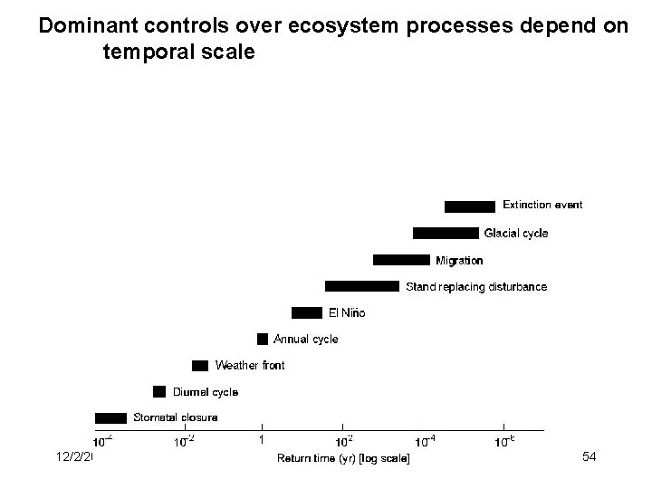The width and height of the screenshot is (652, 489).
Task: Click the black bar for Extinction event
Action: click(x=469, y=206)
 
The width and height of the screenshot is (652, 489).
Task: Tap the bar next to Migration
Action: click(x=401, y=260)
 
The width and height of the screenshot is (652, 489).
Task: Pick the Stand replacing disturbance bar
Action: click(x=361, y=286)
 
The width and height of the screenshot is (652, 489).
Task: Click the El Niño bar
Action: click(x=306, y=312)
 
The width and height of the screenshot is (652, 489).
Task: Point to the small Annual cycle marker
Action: click(x=263, y=339)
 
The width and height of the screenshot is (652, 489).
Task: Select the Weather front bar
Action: click(x=200, y=365)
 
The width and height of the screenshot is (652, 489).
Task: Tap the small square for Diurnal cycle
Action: click(x=159, y=391)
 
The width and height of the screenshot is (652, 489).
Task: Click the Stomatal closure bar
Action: click(x=110, y=417)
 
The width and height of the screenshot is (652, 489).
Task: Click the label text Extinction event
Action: click(x=542, y=206)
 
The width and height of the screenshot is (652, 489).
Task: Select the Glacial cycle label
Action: click(x=515, y=234)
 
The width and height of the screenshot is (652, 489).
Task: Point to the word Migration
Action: click(x=459, y=261)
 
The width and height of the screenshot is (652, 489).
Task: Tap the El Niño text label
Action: click(x=346, y=313)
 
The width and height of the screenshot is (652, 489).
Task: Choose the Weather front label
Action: click(x=249, y=366)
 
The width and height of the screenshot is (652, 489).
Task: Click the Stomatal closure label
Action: click(x=175, y=418)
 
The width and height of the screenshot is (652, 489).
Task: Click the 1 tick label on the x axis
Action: click(x=261, y=440)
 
